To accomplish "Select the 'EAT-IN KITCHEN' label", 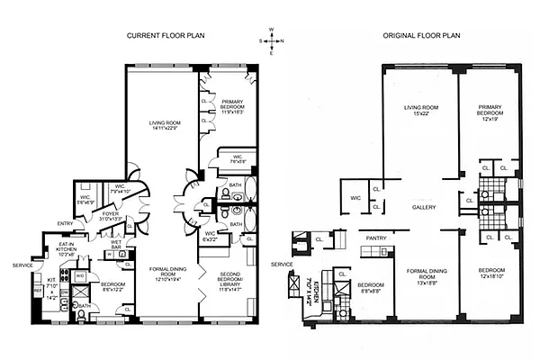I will pyautogui.click(x=66, y=249).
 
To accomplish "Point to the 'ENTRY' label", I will pyautogui.click(x=66, y=223).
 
